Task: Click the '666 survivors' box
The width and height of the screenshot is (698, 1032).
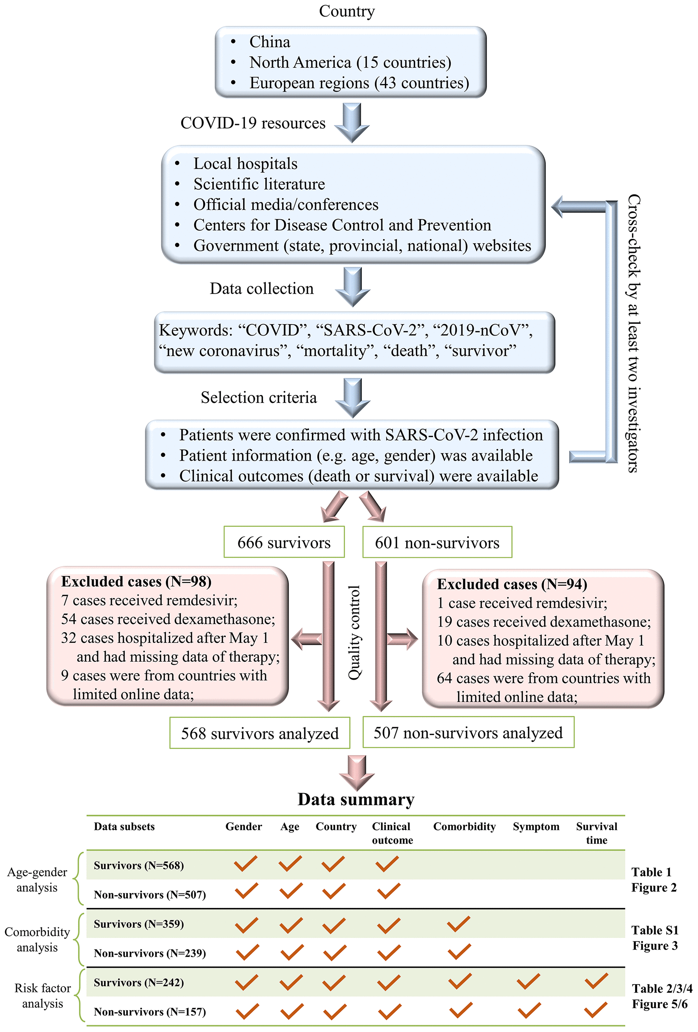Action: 284,542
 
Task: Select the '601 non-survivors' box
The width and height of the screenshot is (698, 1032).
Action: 437,542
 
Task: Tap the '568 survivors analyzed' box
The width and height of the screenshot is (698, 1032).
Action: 260,733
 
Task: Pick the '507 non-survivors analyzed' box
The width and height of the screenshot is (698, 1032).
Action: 468,732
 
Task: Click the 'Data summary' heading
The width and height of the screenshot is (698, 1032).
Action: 356,799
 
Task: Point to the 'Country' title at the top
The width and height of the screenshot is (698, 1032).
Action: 346,11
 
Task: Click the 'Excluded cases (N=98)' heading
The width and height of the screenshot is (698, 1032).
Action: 136,581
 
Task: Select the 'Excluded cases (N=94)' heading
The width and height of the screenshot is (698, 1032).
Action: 512,584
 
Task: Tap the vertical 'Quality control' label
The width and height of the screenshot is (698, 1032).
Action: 354,632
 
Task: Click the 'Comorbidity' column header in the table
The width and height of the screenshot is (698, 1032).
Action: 464,826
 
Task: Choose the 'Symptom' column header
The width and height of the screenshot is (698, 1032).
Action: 536,826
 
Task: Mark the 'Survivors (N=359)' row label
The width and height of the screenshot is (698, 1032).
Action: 139,924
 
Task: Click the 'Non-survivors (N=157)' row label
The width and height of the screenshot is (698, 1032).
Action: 150,1012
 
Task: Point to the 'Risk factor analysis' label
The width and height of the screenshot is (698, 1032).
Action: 43,996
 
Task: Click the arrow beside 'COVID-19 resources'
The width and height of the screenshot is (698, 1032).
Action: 352,122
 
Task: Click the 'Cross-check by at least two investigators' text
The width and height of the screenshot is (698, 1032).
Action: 634,333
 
